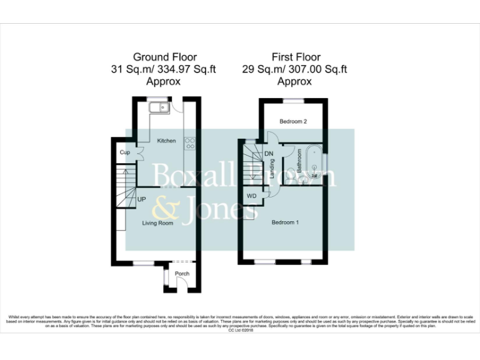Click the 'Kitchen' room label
[x=166, y=141]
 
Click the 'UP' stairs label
[x=142, y=199]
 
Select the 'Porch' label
[x=182, y=274]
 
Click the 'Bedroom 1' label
[x=285, y=222]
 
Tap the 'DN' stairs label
[x=269, y=153]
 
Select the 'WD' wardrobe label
[x=251, y=195]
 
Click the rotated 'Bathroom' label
[x=299, y=161]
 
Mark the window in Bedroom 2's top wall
[x=294, y=99]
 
